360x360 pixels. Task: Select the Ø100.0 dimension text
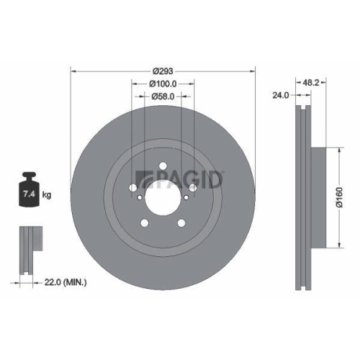[163, 84]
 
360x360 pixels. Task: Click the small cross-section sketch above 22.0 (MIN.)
[28, 251]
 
